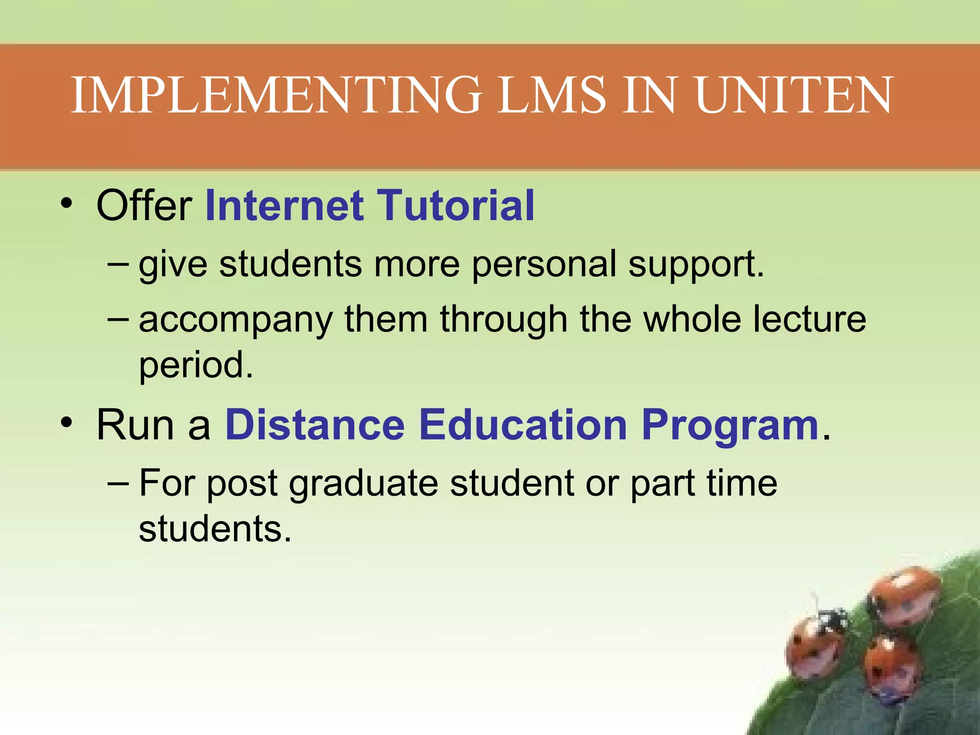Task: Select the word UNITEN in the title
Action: coord(794,95)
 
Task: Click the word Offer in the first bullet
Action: coord(144,205)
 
